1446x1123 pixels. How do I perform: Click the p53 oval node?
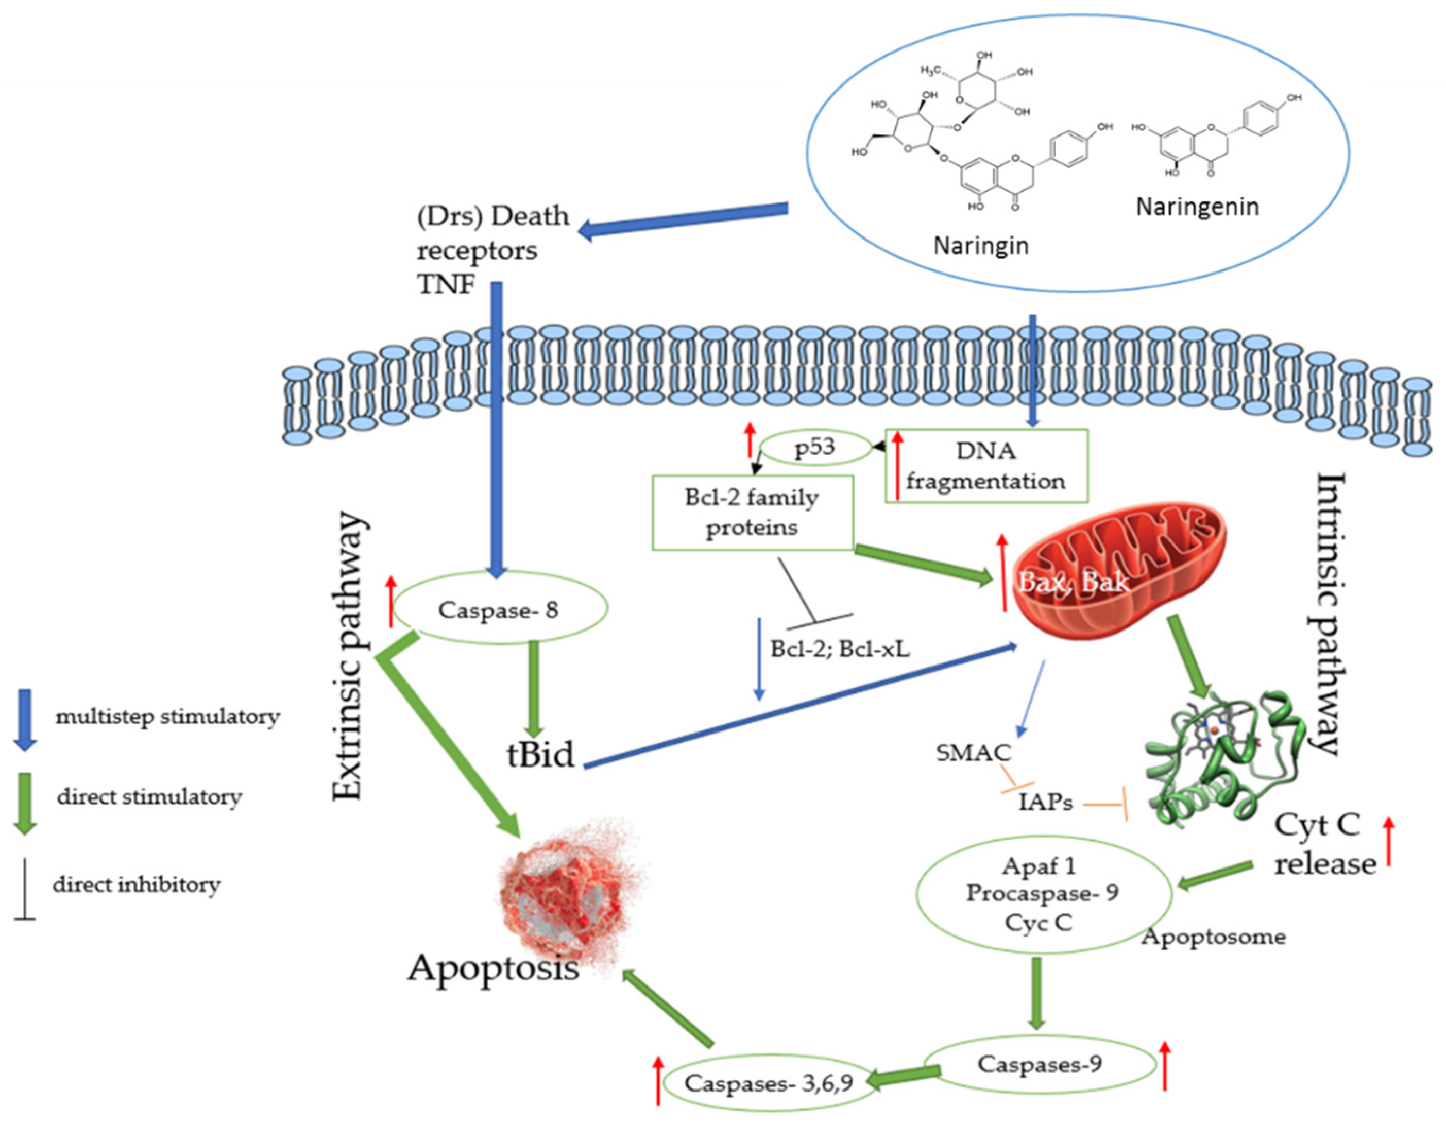click(814, 448)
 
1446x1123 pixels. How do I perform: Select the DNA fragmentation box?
click(986, 466)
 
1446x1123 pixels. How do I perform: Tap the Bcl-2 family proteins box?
click(752, 513)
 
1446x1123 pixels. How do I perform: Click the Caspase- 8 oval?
click(498, 609)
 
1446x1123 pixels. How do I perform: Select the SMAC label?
click(973, 753)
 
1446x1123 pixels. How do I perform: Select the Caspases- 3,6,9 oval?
click(768, 1083)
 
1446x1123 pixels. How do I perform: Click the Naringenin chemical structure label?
click(1197, 207)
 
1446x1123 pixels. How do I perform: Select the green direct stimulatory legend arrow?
click(25, 803)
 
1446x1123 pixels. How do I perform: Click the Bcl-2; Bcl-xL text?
click(840, 649)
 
